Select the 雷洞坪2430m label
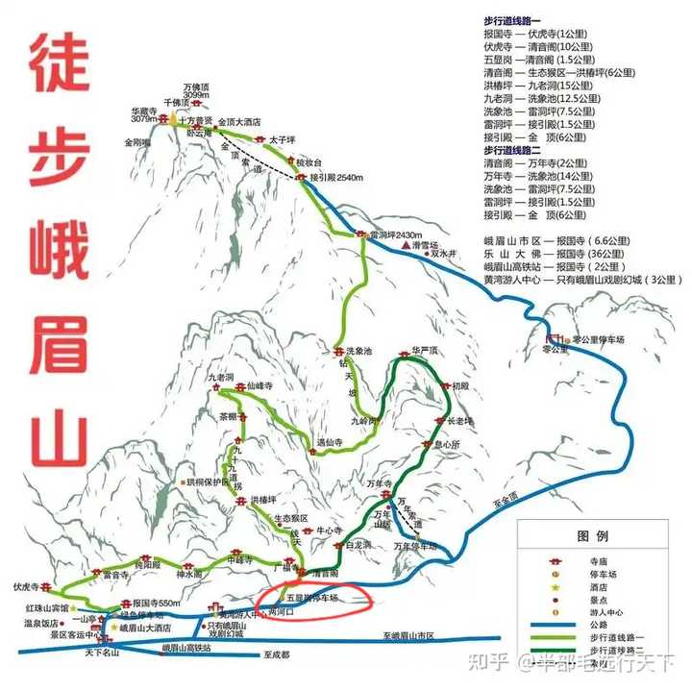click(x=396, y=234)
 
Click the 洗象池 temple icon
click(x=338, y=352)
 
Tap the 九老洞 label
click(x=220, y=377)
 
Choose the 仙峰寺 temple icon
click(x=239, y=385)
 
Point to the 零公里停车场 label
click(x=597, y=339)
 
